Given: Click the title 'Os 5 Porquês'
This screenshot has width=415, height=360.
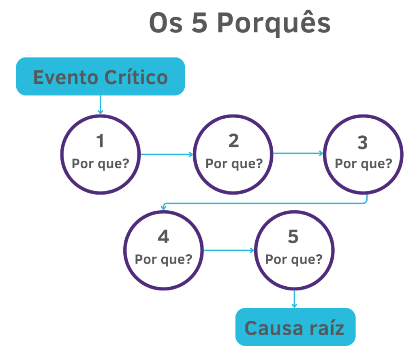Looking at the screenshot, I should click(240, 23).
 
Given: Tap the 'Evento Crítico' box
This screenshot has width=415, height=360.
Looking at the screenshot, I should click(101, 76).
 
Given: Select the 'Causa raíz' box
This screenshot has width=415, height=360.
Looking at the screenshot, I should click(295, 327).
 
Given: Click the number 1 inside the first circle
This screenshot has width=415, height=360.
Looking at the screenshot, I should click(100, 141).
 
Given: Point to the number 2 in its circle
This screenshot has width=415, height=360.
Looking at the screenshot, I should click(233, 141).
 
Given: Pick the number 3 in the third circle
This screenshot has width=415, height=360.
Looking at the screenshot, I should click(362, 143).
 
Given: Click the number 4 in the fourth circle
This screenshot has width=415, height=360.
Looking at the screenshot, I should click(163, 237).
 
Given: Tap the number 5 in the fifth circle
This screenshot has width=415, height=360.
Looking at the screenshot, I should click(293, 237).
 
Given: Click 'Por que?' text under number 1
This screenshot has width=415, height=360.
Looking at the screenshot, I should click(100, 164).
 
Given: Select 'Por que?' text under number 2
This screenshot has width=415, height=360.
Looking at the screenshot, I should click(234, 164).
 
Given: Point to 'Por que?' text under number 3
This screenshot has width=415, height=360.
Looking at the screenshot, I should click(363, 164).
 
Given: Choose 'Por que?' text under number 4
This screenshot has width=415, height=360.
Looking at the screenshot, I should click(163, 259).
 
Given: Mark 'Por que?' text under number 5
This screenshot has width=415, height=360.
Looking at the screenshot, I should click(294, 259).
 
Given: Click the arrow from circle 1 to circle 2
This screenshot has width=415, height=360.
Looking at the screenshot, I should click(166, 154).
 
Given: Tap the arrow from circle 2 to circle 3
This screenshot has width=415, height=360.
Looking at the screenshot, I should click(298, 153).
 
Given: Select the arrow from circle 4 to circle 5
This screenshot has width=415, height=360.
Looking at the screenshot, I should click(229, 250).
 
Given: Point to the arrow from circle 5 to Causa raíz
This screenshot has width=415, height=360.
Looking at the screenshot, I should click(294, 299).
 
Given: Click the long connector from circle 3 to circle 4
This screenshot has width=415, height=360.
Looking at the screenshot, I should click(263, 203).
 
